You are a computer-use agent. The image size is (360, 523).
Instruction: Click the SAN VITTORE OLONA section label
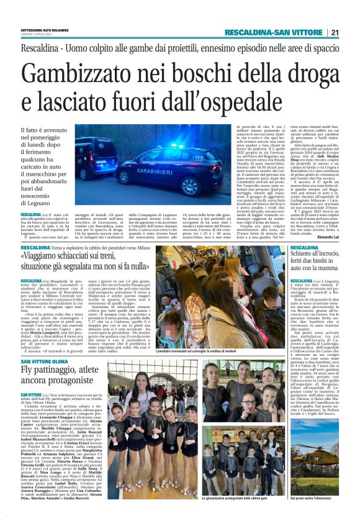pyautogui.click(x=44, y=362)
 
